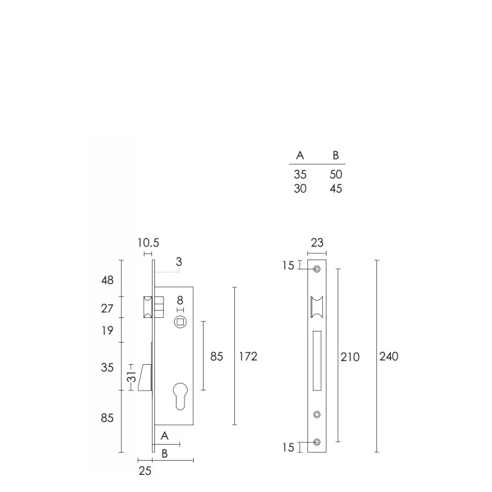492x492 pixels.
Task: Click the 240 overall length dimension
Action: point(389,357)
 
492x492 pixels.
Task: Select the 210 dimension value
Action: point(350,357)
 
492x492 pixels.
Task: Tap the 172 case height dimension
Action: point(248,357)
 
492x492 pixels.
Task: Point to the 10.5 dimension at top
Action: point(148,242)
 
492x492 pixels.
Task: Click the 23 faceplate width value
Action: point(317,242)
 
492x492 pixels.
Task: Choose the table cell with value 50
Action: point(336,175)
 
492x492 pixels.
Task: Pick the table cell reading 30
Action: point(300,189)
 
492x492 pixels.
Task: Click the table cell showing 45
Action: point(336,189)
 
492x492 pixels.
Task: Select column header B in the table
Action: point(336,156)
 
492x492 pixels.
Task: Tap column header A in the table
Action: point(300,156)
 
